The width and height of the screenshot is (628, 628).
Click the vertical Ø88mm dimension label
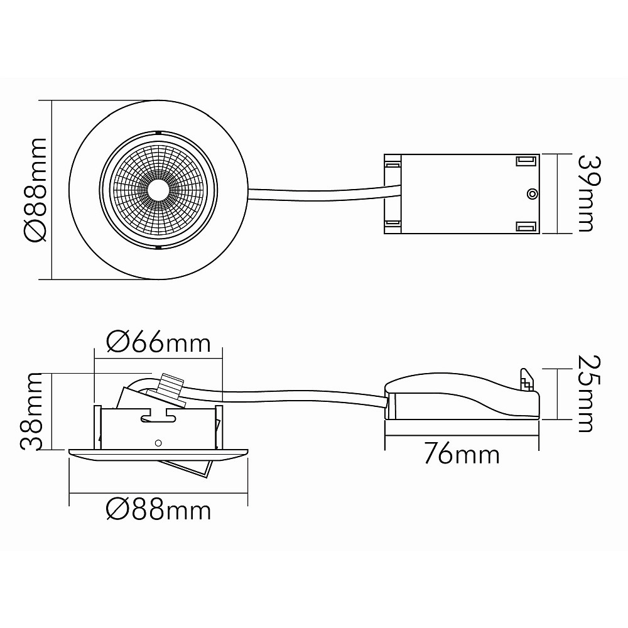click(x=36, y=190)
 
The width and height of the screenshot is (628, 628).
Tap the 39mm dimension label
click(x=590, y=194)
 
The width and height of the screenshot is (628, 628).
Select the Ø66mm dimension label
click(x=158, y=343)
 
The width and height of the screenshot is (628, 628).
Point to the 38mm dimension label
click(x=31, y=412)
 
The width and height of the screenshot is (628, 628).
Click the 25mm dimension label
click(x=590, y=393)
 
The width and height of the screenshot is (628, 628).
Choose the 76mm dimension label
click(x=462, y=454)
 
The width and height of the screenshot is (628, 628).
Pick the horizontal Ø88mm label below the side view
click(x=158, y=510)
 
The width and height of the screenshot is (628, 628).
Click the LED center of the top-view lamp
click(x=158, y=190)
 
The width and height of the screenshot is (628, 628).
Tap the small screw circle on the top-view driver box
click(x=531, y=194)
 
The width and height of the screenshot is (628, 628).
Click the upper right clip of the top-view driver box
click(x=526, y=161)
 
